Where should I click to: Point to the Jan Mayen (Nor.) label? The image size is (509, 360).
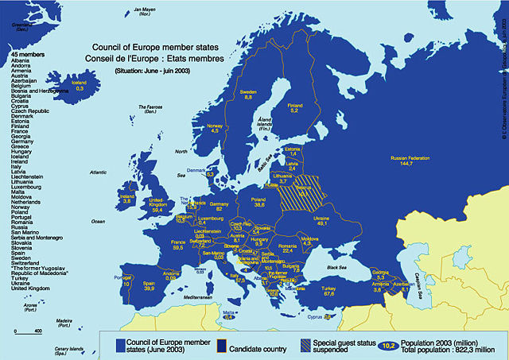[x=145, y=11]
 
